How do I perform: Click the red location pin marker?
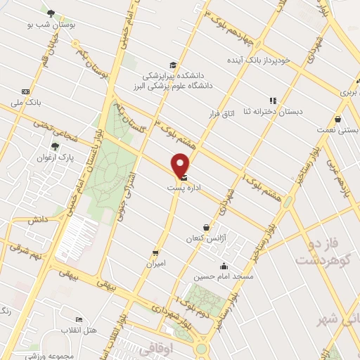pyautogui.click(x=181, y=165)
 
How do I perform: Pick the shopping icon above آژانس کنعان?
pyautogui.click(x=206, y=227)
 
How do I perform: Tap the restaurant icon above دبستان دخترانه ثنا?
pyautogui.click(x=273, y=100)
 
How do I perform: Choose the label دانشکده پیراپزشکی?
pyautogui.click(x=172, y=75)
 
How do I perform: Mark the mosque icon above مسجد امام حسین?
pyautogui.click(x=224, y=266)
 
